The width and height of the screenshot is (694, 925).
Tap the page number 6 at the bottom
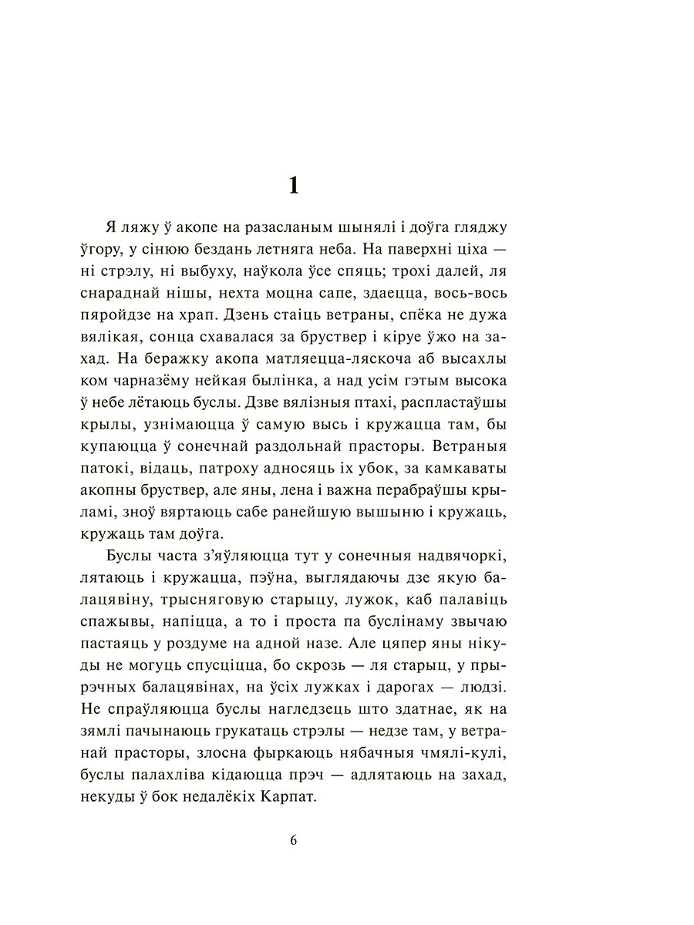[294, 839]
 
